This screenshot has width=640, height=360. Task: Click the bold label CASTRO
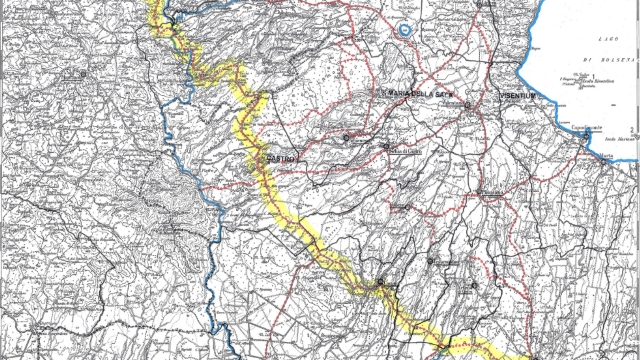tap(280, 159)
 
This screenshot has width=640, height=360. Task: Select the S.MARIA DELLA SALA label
tap(417, 95)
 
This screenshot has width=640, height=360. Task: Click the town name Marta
tap(605, 156)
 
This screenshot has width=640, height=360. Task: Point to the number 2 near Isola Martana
tap(631, 131)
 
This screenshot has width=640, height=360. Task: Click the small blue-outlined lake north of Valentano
tap(405, 29)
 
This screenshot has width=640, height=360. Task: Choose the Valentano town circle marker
tap(468, 105)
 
